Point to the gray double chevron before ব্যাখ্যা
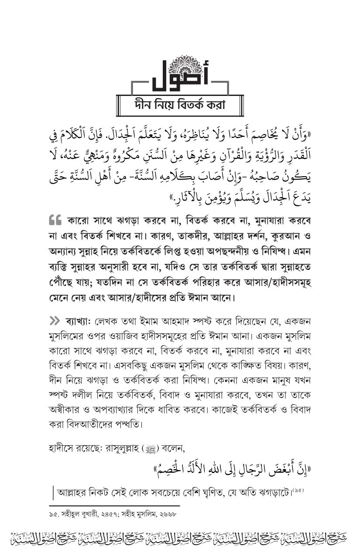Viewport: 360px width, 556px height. (x=55, y=321)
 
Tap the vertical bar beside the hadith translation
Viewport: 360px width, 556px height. (x=52, y=494)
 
